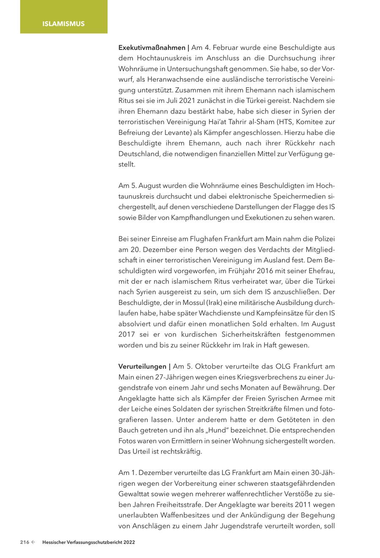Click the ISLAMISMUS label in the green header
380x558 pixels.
coord(63,24)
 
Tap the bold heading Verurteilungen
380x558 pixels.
coord(142,366)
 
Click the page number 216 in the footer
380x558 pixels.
coord(24,543)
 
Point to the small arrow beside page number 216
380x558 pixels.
coord(33,543)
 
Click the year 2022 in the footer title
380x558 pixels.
coord(129,543)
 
